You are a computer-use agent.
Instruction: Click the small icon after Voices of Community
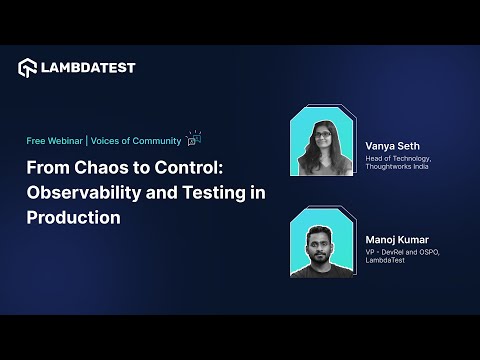(194, 139)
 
